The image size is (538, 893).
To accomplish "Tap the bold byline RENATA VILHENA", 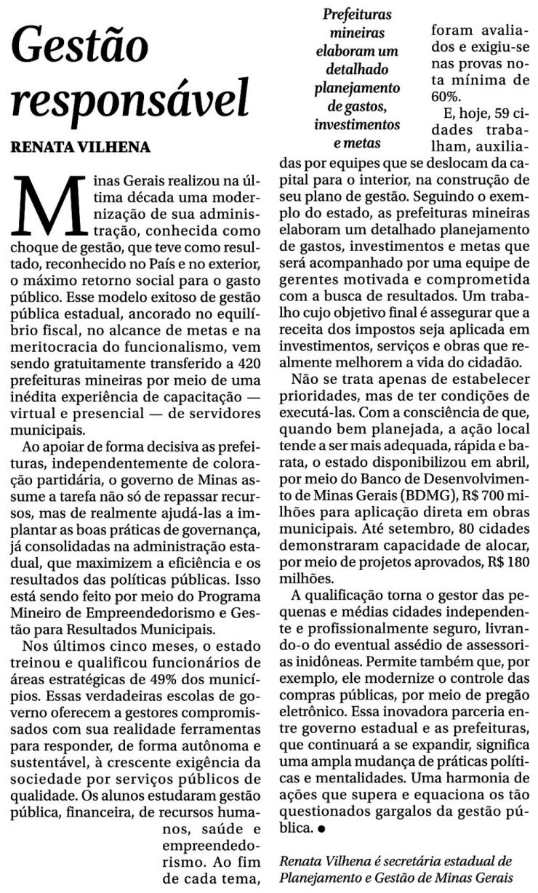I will point(80,148).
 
